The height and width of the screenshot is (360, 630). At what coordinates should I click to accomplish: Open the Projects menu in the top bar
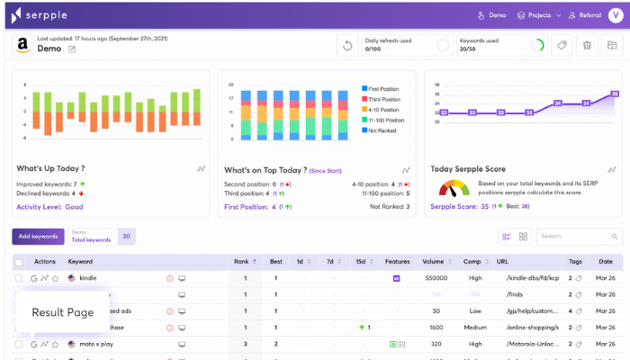click(538, 15)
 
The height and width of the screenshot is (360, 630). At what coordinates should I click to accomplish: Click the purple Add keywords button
click(38, 237)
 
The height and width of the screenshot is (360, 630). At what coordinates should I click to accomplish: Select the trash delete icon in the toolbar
click(587, 46)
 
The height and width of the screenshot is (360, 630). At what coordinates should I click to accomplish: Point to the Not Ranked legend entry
click(384, 130)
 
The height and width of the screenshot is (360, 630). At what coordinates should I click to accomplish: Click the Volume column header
click(432, 262)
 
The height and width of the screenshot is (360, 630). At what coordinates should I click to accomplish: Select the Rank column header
click(241, 262)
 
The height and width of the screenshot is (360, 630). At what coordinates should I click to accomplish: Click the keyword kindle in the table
click(88, 279)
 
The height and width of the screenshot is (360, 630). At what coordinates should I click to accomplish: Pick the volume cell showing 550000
click(436, 279)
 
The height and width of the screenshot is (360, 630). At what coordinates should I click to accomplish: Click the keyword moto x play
click(96, 344)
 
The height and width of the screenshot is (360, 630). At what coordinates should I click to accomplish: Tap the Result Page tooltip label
click(63, 312)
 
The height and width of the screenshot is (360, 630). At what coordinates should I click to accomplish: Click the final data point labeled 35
click(614, 94)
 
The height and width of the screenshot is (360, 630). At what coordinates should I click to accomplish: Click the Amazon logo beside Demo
click(22, 46)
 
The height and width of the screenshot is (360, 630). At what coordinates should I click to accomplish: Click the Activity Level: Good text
click(49, 206)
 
